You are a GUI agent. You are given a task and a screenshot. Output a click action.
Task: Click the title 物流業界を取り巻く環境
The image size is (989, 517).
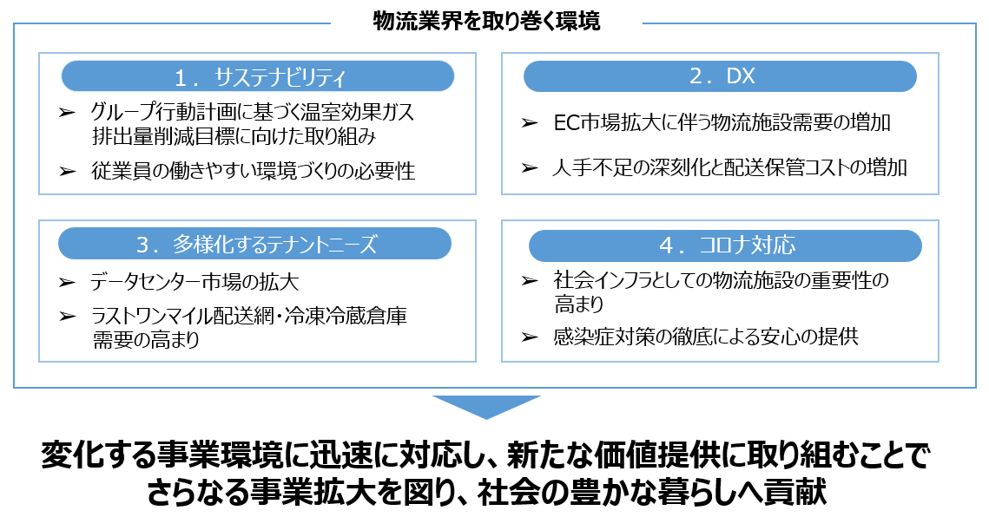pyautogui.click(x=485, y=22)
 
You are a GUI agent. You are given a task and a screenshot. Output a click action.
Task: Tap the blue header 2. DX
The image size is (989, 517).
pyautogui.click(x=721, y=76)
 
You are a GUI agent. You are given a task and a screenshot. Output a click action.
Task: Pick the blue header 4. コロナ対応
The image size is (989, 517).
pyautogui.click(x=726, y=245)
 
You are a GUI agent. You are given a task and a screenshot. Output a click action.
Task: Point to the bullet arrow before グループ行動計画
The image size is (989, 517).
pyautogui.click(x=67, y=112)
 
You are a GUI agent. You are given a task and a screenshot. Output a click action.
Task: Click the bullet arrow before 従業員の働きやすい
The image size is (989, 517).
pyautogui.click(x=67, y=171)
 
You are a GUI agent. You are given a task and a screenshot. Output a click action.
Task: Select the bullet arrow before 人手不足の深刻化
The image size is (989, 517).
pyautogui.click(x=530, y=167)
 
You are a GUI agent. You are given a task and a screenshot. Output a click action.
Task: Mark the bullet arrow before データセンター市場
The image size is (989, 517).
pyautogui.click(x=67, y=283)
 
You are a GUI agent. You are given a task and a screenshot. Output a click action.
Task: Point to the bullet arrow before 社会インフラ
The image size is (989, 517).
pyautogui.click(x=530, y=280)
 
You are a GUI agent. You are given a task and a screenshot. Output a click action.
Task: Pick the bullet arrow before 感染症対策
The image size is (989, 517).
pyautogui.click(x=530, y=337)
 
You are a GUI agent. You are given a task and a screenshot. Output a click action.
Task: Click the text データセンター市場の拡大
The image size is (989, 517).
pyautogui.click(x=195, y=283)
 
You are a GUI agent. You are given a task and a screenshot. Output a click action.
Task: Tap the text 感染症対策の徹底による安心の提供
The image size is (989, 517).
pyautogui.click(x=705, y=337)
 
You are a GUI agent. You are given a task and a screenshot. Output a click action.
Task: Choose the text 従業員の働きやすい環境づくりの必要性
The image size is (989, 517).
pyautogui.click(x=253, y=171)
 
